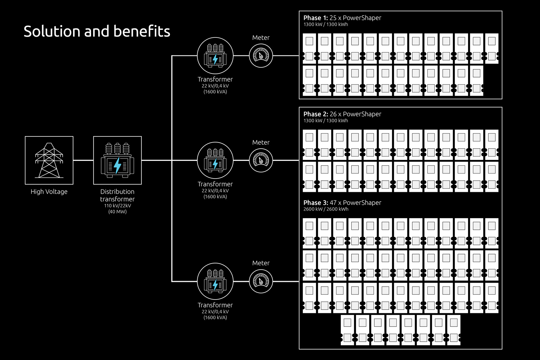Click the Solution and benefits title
[x=97, y=31]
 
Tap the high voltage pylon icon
[x=49, y=160]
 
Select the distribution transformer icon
[x=117, y=160]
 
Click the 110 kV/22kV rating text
[x=117, y=206]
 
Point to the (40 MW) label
[x=117, y=212]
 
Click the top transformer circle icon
[x=215, y=56]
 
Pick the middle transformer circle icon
[x=215, y=160]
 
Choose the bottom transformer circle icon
[x=215, y=281]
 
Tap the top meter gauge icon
[x=261, y=56]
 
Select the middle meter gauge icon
[x=261, y=160]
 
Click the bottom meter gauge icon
[x=261, y=281]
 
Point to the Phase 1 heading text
[x=342, y=18]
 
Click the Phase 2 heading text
[x=342, y=114]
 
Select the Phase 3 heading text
[x=342, y=203]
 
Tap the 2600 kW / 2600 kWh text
[x=326, y=209]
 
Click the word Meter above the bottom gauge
[x=261, y=263]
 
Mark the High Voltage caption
[x=49, y=192]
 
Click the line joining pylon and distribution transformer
[x=83, y=160]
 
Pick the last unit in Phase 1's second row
[x=477, y=81]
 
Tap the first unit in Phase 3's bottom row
[x=347, y=330]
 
